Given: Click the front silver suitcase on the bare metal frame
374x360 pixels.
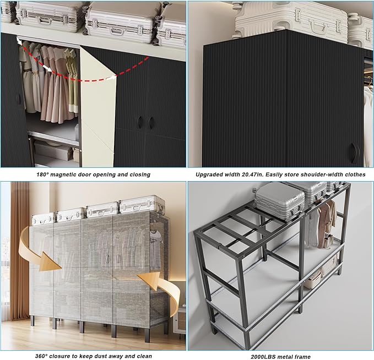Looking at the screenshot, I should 279,201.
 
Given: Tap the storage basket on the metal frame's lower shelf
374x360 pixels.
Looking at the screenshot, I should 314,281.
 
